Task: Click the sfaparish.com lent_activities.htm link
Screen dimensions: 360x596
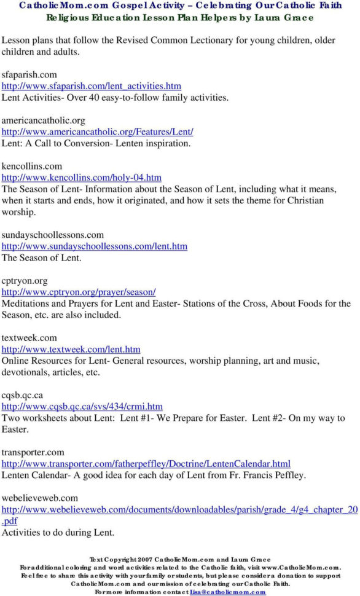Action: coord(92,86)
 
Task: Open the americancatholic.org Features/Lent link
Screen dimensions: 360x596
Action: coord(98,131)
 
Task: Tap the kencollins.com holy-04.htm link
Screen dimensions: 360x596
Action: coord(82,178)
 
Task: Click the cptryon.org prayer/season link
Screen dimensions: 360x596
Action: coord(79,292)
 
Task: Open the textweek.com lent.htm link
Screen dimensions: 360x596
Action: coord(71,349)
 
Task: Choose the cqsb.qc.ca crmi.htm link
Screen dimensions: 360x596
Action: coord(82,406)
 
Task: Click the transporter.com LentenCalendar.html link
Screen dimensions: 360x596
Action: coord(146,463)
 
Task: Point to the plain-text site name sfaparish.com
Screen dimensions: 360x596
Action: coord(29,74)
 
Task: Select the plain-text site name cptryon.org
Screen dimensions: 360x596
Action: coord(25,281)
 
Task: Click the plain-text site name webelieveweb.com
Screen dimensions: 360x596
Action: coord(40,498)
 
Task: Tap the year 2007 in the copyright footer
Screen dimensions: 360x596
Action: coord(142,559)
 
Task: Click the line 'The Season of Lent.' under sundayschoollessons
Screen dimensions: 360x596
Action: coord(42,258)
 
